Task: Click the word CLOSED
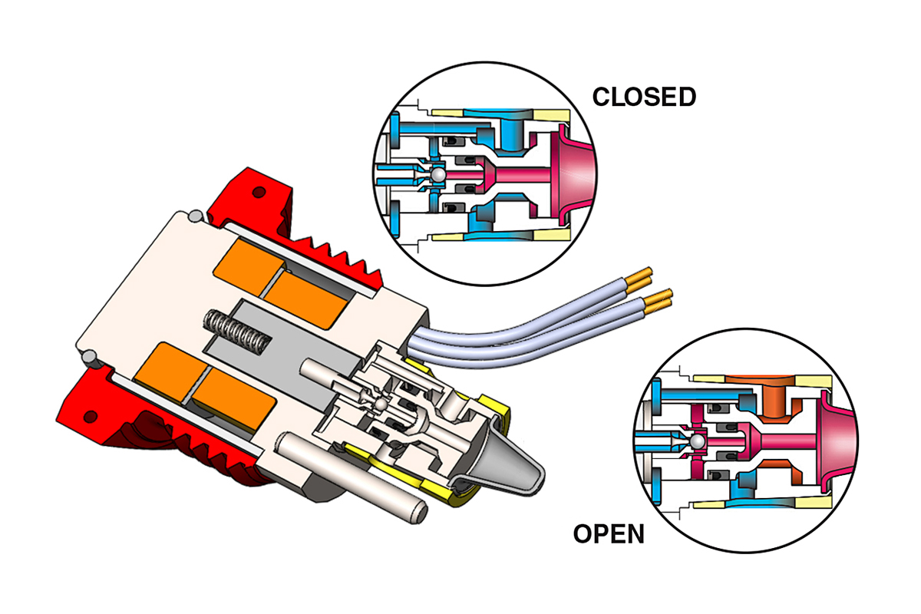pos(644,97)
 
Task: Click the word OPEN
pos(609,533)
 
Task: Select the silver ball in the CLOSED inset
pos(437,176)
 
